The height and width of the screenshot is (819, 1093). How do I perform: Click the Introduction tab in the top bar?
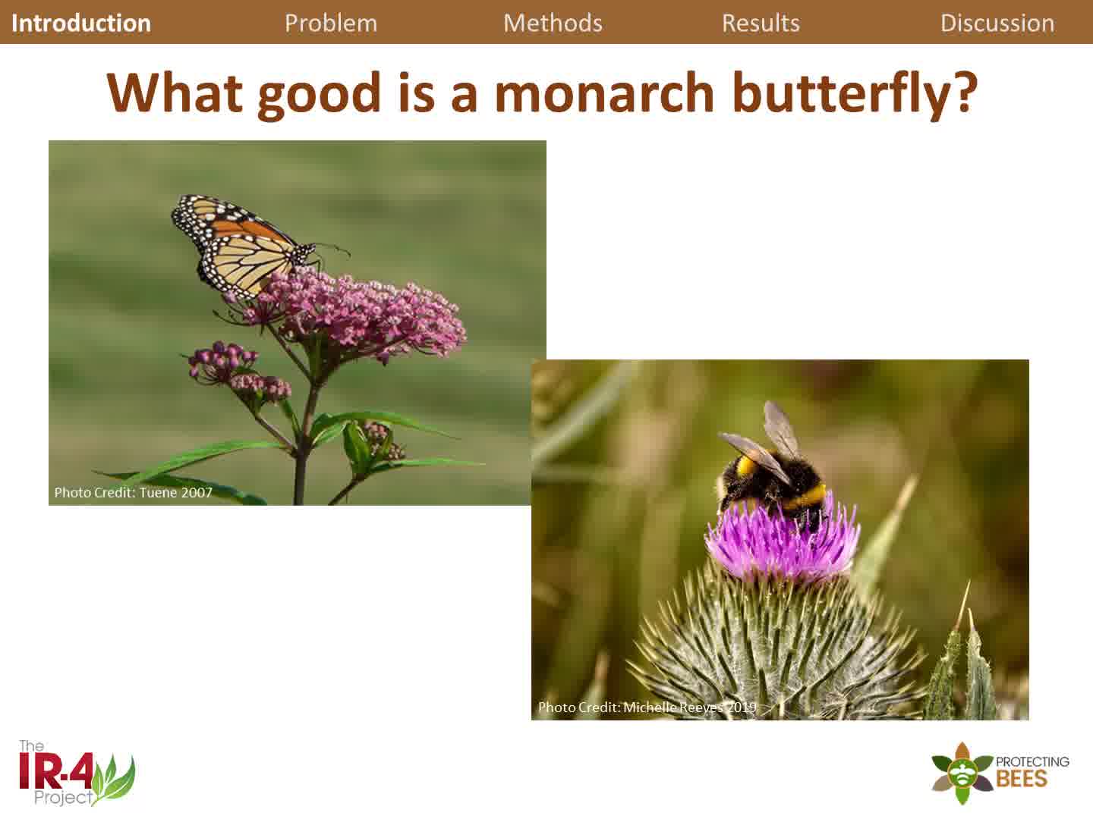81,23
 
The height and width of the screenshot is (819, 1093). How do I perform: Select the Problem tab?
331,23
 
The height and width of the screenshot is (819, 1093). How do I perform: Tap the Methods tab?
553,23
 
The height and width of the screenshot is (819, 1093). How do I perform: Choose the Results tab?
761,23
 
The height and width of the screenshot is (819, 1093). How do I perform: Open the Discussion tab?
997,23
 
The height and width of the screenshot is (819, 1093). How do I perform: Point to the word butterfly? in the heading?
852,94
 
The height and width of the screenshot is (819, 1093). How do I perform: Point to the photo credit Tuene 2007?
134,492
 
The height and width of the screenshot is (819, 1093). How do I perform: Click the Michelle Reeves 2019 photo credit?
647,708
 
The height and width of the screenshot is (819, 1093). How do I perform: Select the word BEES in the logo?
1021,779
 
